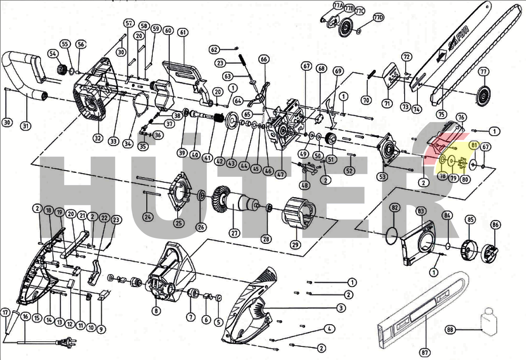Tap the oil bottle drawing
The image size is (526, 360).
(x=488, y=323)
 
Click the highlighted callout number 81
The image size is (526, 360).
(x=474, y=144)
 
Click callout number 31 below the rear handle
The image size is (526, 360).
(x=26, y=126)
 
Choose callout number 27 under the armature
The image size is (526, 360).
(x=235, y=233)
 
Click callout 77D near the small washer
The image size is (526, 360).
(x=378, y=17)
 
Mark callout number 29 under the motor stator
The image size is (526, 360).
(x=296, y=244)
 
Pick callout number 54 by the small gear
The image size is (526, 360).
(x=53, y=53)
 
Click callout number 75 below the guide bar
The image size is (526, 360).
(x=442, y=114)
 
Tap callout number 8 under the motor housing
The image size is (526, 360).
(x=156, y=311)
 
